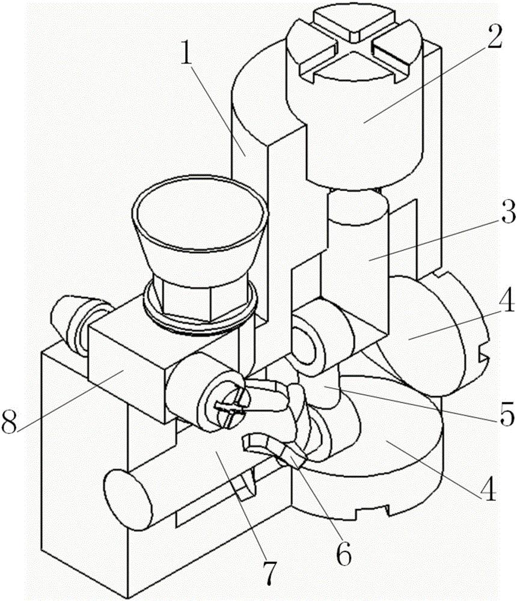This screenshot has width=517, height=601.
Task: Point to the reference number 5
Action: click(x=507, y=414)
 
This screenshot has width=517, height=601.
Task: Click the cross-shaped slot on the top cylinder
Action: click(x=355, y=49)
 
